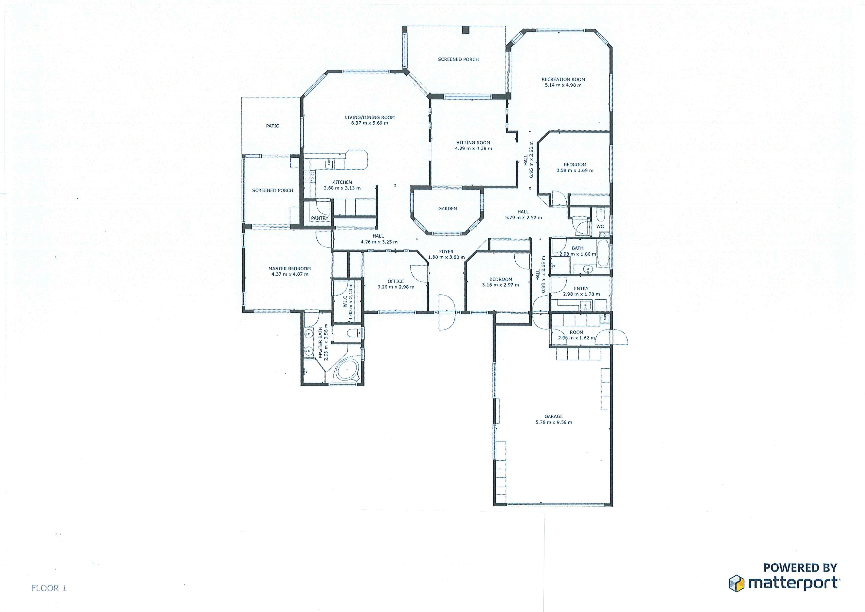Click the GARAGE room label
[553, 416]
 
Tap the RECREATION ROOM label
[563, 79]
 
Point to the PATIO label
[272, 126]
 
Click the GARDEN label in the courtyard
[447, 209]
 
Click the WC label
[600, 227]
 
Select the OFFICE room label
[396, 281]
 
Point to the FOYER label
[446, 251]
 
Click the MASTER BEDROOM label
[289, 268]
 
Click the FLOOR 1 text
[49, 588]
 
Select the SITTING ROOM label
[473, 143]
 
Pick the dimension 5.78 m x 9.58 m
[553, 422]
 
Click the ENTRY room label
[581, 288]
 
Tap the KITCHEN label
[342, 182]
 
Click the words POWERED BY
[800, 568]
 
